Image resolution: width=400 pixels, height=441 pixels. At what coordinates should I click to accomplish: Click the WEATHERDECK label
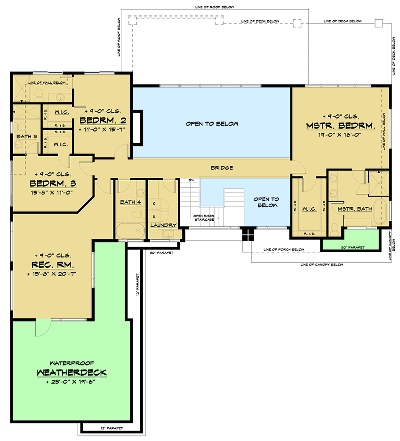coord(72,372)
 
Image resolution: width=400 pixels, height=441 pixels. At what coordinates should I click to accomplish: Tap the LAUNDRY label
coord(163,225)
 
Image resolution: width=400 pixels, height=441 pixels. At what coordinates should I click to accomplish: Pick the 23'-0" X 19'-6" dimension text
coord(72,382)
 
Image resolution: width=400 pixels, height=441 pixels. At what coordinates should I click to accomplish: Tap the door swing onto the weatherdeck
coord(42,328)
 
